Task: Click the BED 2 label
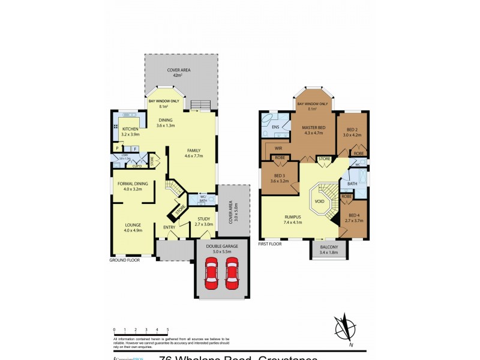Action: [x=352, y=130]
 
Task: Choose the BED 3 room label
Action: [x=280, y=175]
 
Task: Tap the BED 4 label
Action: [x=353, y=215]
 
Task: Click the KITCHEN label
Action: [x=130, y=129]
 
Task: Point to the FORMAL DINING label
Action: [x=133, y=183]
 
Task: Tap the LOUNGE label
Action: [x=133, y=225]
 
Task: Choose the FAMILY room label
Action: [x=194, y=151]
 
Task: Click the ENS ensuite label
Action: [x=275, y=127]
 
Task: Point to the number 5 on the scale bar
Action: [x=167, y=329]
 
